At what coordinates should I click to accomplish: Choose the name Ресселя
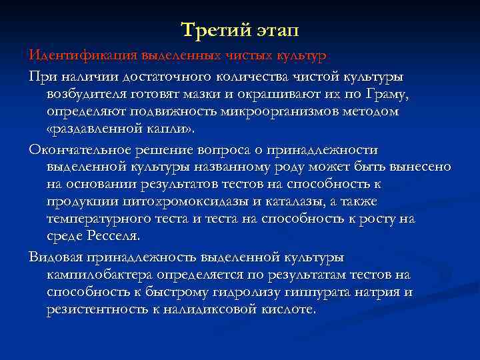point(113,236)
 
